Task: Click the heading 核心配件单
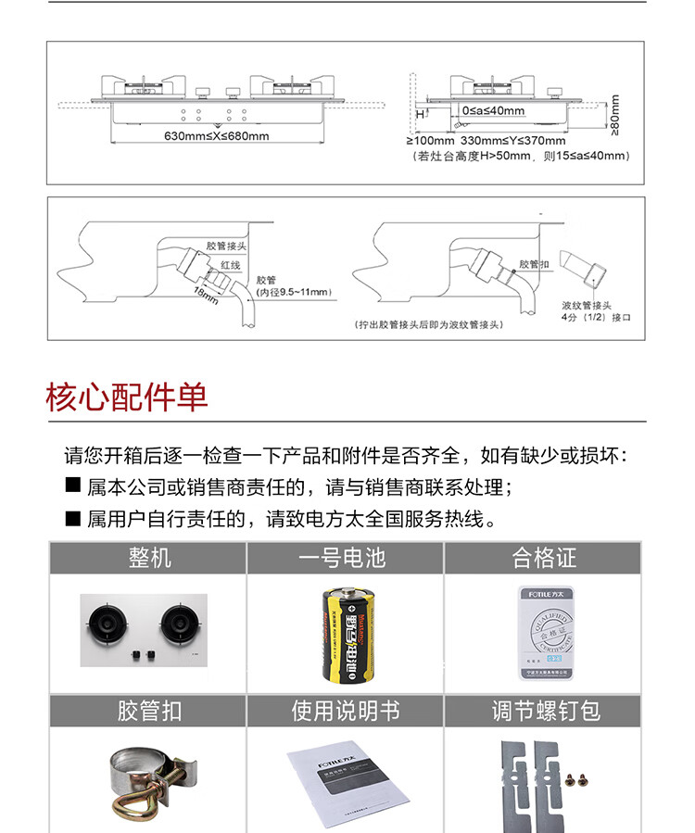coord(127,396)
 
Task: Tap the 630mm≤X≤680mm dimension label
coord(216,136)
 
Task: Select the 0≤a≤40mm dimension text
coord(493,111)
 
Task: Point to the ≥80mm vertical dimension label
coord(616,113)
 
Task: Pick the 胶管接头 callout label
coord(226,246)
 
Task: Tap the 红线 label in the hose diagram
coord(230,265)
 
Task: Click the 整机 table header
coord(147,559)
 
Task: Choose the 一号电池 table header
coord(345,559)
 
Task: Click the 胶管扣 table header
coord(147,712)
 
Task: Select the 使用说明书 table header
coord(345,712)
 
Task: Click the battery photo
coord(345,635)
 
